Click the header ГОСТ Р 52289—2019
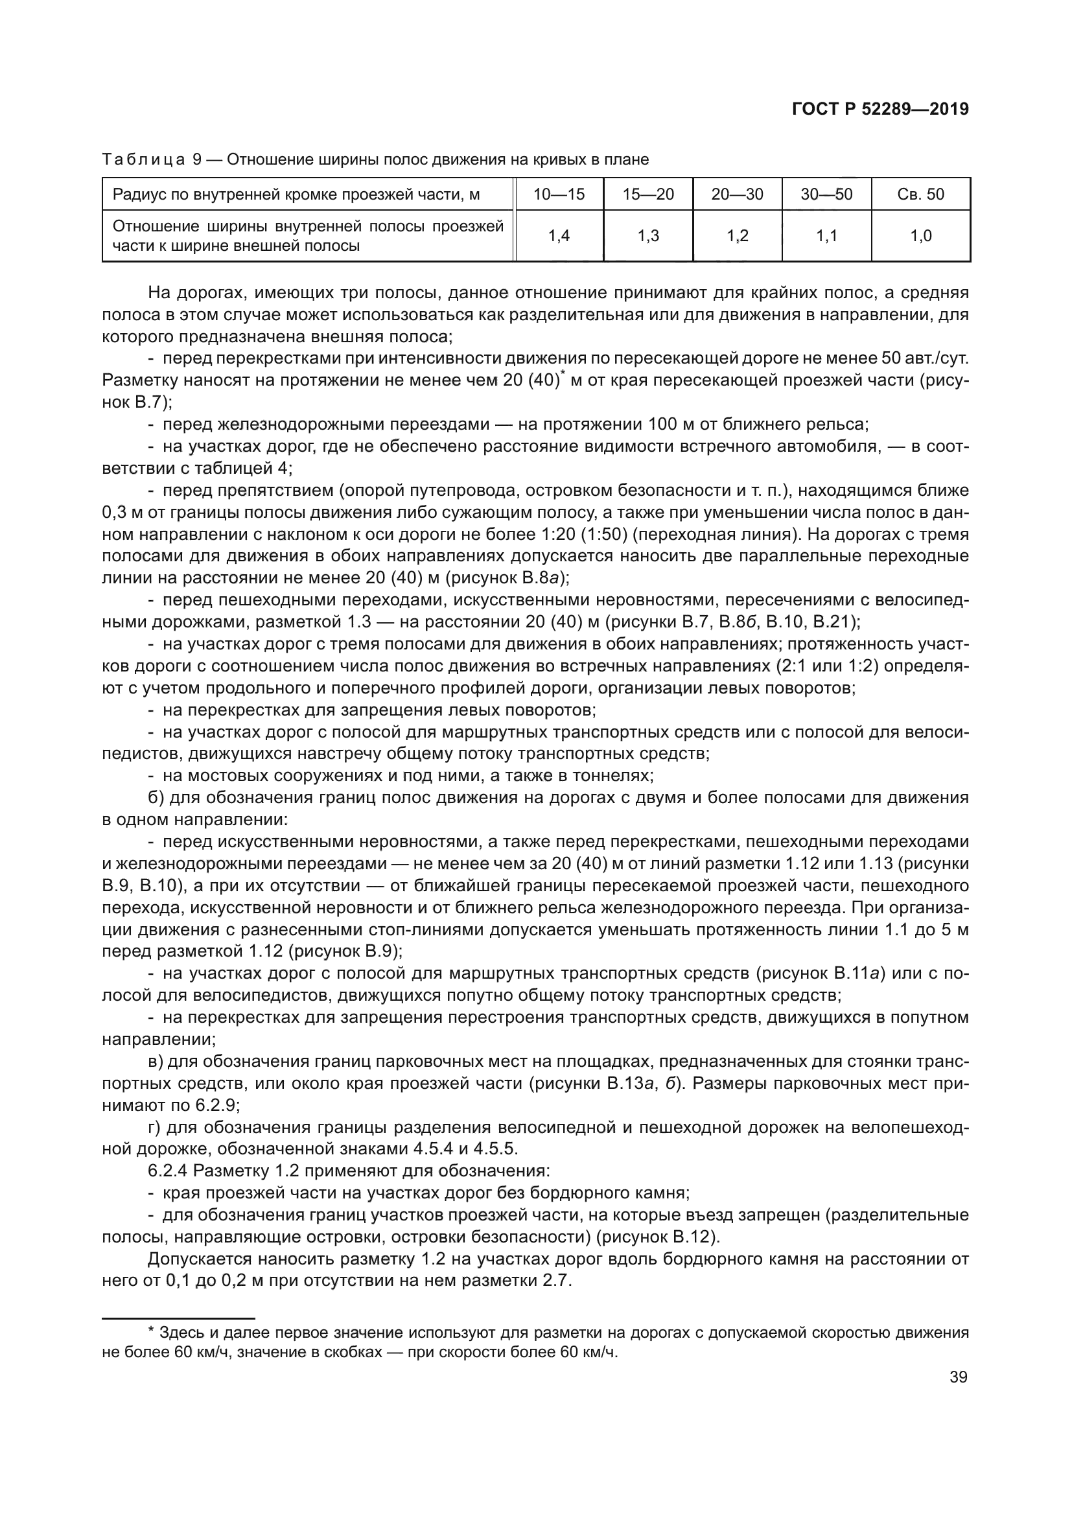click(x=880, y=110)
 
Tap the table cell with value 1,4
click(x=559, y=236)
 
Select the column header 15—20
click(x=647, y=194)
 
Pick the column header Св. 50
click(x=920, y=194)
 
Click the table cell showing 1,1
click(x=826, y=236)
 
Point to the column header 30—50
click(x=826, y=194)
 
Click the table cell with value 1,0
click(x=920, y=236)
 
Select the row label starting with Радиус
click(x=296, y=194)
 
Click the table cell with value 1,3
click(x=647, y=236)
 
